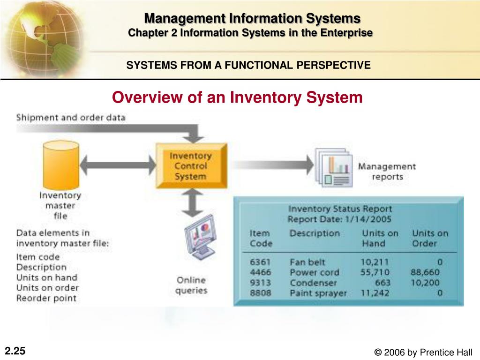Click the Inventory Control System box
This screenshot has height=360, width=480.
[191, 166]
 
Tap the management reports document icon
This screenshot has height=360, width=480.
[333, 168]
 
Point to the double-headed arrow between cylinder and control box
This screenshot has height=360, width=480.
[118, 165]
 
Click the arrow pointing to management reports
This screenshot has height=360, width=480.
[272, 165]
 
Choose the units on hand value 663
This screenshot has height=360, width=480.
[382, 283]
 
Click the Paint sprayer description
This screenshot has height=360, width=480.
[318, 293]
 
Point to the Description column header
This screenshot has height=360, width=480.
[314, 233]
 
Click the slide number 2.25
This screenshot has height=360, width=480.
[15, 351]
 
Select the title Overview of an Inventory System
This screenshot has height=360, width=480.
[237, 97]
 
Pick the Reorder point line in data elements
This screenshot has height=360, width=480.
[46, 298]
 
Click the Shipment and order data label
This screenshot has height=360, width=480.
[71, 117]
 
